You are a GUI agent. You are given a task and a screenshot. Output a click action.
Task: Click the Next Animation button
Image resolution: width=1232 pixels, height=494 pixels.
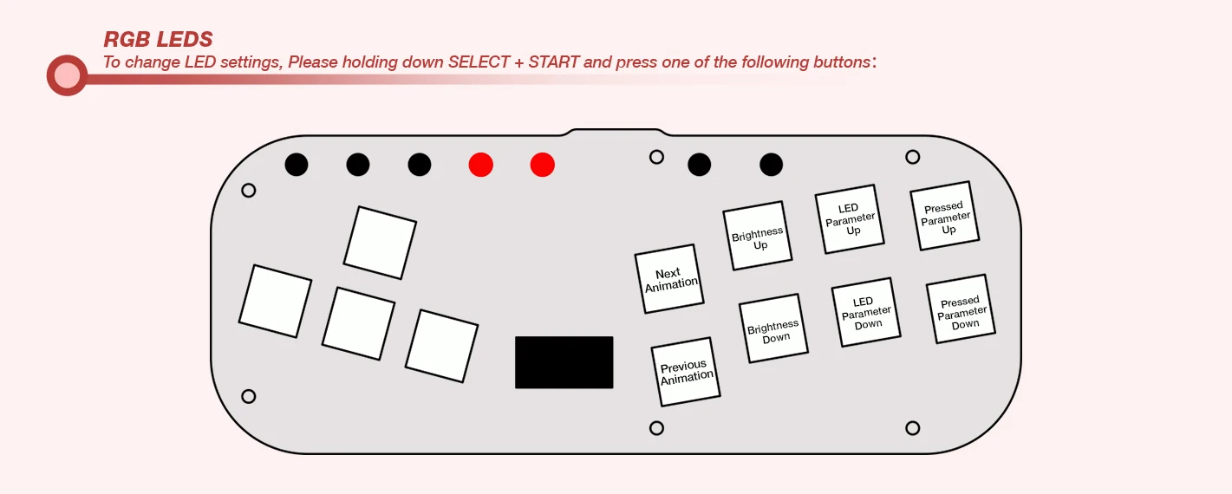[x=669, y=279]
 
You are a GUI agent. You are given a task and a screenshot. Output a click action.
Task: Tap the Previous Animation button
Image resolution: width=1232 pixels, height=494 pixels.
[x=686, y=372]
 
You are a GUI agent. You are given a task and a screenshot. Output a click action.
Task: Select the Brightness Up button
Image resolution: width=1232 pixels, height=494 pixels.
[x=758, y=236]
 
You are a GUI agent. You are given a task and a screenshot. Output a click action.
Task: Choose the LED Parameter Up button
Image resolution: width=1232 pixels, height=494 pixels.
[x=850, y=218]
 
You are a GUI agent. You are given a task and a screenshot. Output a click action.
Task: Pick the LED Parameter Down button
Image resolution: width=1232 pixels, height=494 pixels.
[x=866, y=312]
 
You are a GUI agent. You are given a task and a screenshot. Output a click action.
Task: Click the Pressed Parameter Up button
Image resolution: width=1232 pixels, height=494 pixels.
[x=945, y=216]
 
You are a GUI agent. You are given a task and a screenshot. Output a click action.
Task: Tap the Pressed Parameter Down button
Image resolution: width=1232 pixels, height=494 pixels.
[x=961, y=309]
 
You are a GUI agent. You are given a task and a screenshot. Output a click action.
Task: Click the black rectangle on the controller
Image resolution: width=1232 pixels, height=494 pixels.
[x=564, y=362]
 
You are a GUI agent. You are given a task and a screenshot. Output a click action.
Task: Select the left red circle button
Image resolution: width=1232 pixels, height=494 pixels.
[x=480, y=165]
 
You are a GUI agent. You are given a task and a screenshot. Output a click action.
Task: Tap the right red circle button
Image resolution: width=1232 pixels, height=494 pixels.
[x=542, y=165]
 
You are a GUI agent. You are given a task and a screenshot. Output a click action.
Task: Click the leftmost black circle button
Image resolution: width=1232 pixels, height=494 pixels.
[x=297, y=165]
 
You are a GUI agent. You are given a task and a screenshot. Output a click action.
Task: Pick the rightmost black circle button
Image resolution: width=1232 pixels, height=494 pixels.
[x=771, y=165]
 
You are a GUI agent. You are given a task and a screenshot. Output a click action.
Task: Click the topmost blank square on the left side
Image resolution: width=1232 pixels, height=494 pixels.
[x=380, y=243]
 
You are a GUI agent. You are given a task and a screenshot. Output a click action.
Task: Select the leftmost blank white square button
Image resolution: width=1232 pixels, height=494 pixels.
[x=275, y=301]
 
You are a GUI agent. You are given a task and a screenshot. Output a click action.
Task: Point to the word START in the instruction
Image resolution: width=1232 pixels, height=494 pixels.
[x=553, y=62]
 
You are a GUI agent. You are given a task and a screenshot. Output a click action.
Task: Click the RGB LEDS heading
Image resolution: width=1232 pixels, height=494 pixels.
[x=158, y=40]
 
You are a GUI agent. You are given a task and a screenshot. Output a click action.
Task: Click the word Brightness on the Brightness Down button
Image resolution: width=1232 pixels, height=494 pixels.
[x=772, y=328]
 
